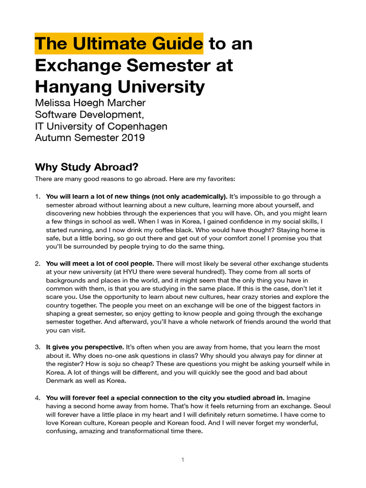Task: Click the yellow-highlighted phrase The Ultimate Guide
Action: (119, 44)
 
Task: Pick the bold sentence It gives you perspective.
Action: (85, 347)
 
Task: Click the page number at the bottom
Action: (183, 460)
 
